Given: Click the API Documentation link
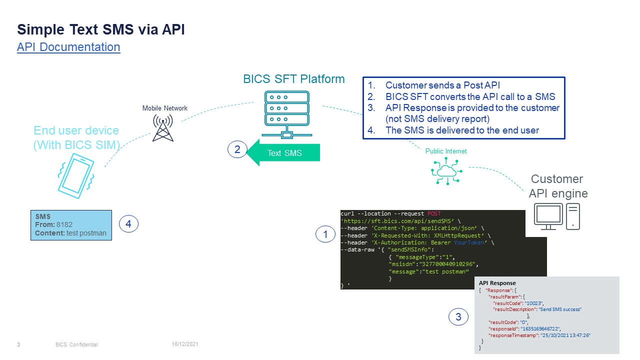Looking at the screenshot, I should [x=68, y=47].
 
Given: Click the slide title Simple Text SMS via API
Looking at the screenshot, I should [x=101, y=29].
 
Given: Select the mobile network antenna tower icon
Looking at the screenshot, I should [x=163, y=128].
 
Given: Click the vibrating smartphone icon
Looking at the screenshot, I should [x=75, y=175].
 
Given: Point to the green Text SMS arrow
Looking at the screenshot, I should [x=283, y=153].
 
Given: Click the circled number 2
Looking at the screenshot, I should [x=237, y=149].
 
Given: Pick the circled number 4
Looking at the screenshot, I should [x=128, y=224].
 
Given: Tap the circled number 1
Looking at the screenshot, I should [x=326, y=233].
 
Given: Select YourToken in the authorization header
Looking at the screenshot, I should [x=469, y=242].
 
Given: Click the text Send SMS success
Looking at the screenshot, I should [x=559, y=309].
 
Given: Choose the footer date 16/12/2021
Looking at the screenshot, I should [x=185, y=344].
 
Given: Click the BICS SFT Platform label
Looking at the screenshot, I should [x=293, y=79].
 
